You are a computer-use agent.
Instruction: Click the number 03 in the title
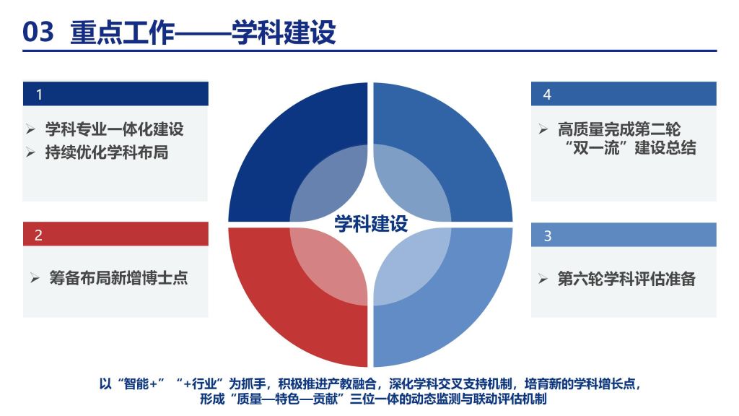point(38,32)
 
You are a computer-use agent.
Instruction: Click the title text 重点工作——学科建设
point(203,32)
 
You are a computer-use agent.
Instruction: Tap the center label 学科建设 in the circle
point(371,224)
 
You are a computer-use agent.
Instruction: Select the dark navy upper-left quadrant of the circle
point(274,142)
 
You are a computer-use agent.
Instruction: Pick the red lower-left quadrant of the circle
point(274,306)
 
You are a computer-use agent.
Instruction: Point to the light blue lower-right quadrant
point(467,306)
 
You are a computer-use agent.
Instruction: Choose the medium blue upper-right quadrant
point(467,142)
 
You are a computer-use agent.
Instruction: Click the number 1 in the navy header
point(39,95)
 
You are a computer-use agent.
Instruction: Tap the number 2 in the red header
point(39,235)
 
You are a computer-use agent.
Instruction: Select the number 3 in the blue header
point(547,236)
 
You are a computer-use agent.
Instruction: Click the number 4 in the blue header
point(547,95)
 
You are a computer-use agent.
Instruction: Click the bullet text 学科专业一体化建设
point(114,129)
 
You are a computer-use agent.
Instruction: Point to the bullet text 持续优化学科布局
point(107,152)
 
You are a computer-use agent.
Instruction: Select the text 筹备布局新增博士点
point(118,278)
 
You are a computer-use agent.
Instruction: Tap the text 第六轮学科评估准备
point(626,279)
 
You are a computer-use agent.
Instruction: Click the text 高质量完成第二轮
point(618,129)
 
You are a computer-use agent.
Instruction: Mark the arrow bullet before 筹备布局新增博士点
point(35,278)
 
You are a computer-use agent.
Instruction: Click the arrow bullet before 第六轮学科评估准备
point(543,279)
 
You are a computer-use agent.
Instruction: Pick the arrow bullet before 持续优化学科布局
point(30,152)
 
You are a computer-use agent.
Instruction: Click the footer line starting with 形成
point(373,399)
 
